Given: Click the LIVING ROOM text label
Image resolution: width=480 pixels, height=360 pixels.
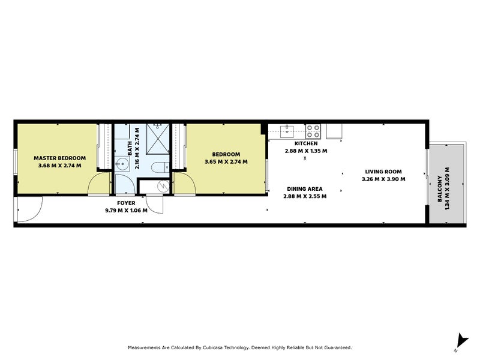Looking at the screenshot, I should (x=383, y=171).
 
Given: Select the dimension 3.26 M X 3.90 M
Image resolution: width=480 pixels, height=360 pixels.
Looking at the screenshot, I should (x=383, y=179).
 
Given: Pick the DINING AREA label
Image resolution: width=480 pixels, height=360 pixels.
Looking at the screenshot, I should (x=306, y=188).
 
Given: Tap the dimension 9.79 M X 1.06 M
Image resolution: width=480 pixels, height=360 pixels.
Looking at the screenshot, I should (x=126, y=211).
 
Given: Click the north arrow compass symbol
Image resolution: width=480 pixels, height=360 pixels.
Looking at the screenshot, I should (x=460, y=340).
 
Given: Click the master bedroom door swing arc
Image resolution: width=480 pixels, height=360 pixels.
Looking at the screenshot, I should (x=97, y=185).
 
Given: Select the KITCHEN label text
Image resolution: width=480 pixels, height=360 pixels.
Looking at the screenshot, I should (x=305, y=144).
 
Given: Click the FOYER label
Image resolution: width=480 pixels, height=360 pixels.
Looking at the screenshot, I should (x=126, y=203).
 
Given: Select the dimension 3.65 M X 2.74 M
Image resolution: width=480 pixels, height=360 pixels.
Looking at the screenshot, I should (x=226, y=162).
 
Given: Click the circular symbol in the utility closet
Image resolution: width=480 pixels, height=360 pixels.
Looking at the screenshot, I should (x=160, y=186).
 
